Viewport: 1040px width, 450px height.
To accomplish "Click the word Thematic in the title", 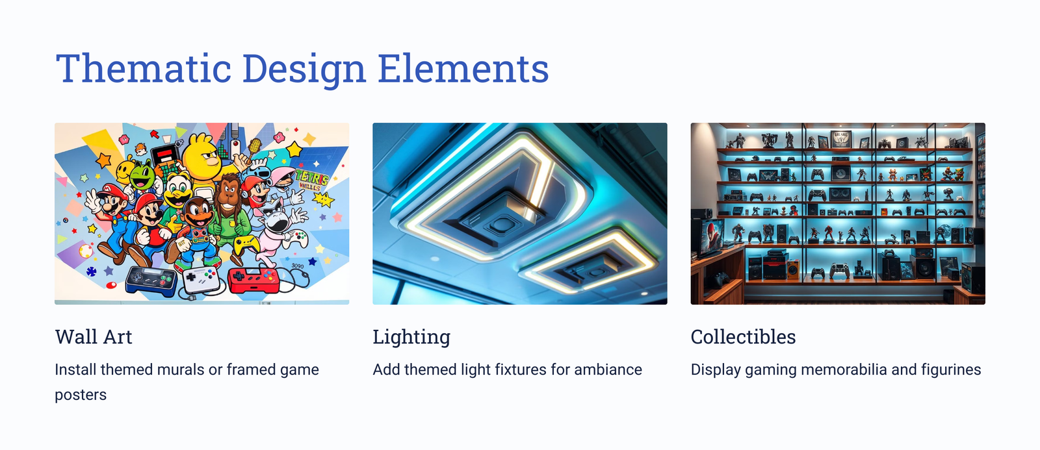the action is click(143, 68).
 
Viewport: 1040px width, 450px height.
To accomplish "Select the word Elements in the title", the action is click(463, 68).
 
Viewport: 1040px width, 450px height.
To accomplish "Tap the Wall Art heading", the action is click(94, 337).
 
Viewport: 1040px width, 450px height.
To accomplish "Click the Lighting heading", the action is click(411, 338).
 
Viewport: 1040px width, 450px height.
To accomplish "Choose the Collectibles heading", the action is click(743, 337).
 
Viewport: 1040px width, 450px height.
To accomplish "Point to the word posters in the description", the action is click(81, 395).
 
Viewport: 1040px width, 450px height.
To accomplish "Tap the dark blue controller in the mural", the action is click(151, 281).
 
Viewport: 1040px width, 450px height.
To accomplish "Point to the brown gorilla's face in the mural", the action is click(228, 192).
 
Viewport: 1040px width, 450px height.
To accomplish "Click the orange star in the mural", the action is click(103, 160).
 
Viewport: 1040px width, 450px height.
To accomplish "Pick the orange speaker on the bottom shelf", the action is click(793, 269).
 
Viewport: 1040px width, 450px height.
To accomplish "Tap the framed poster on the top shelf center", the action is click(841, 139).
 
